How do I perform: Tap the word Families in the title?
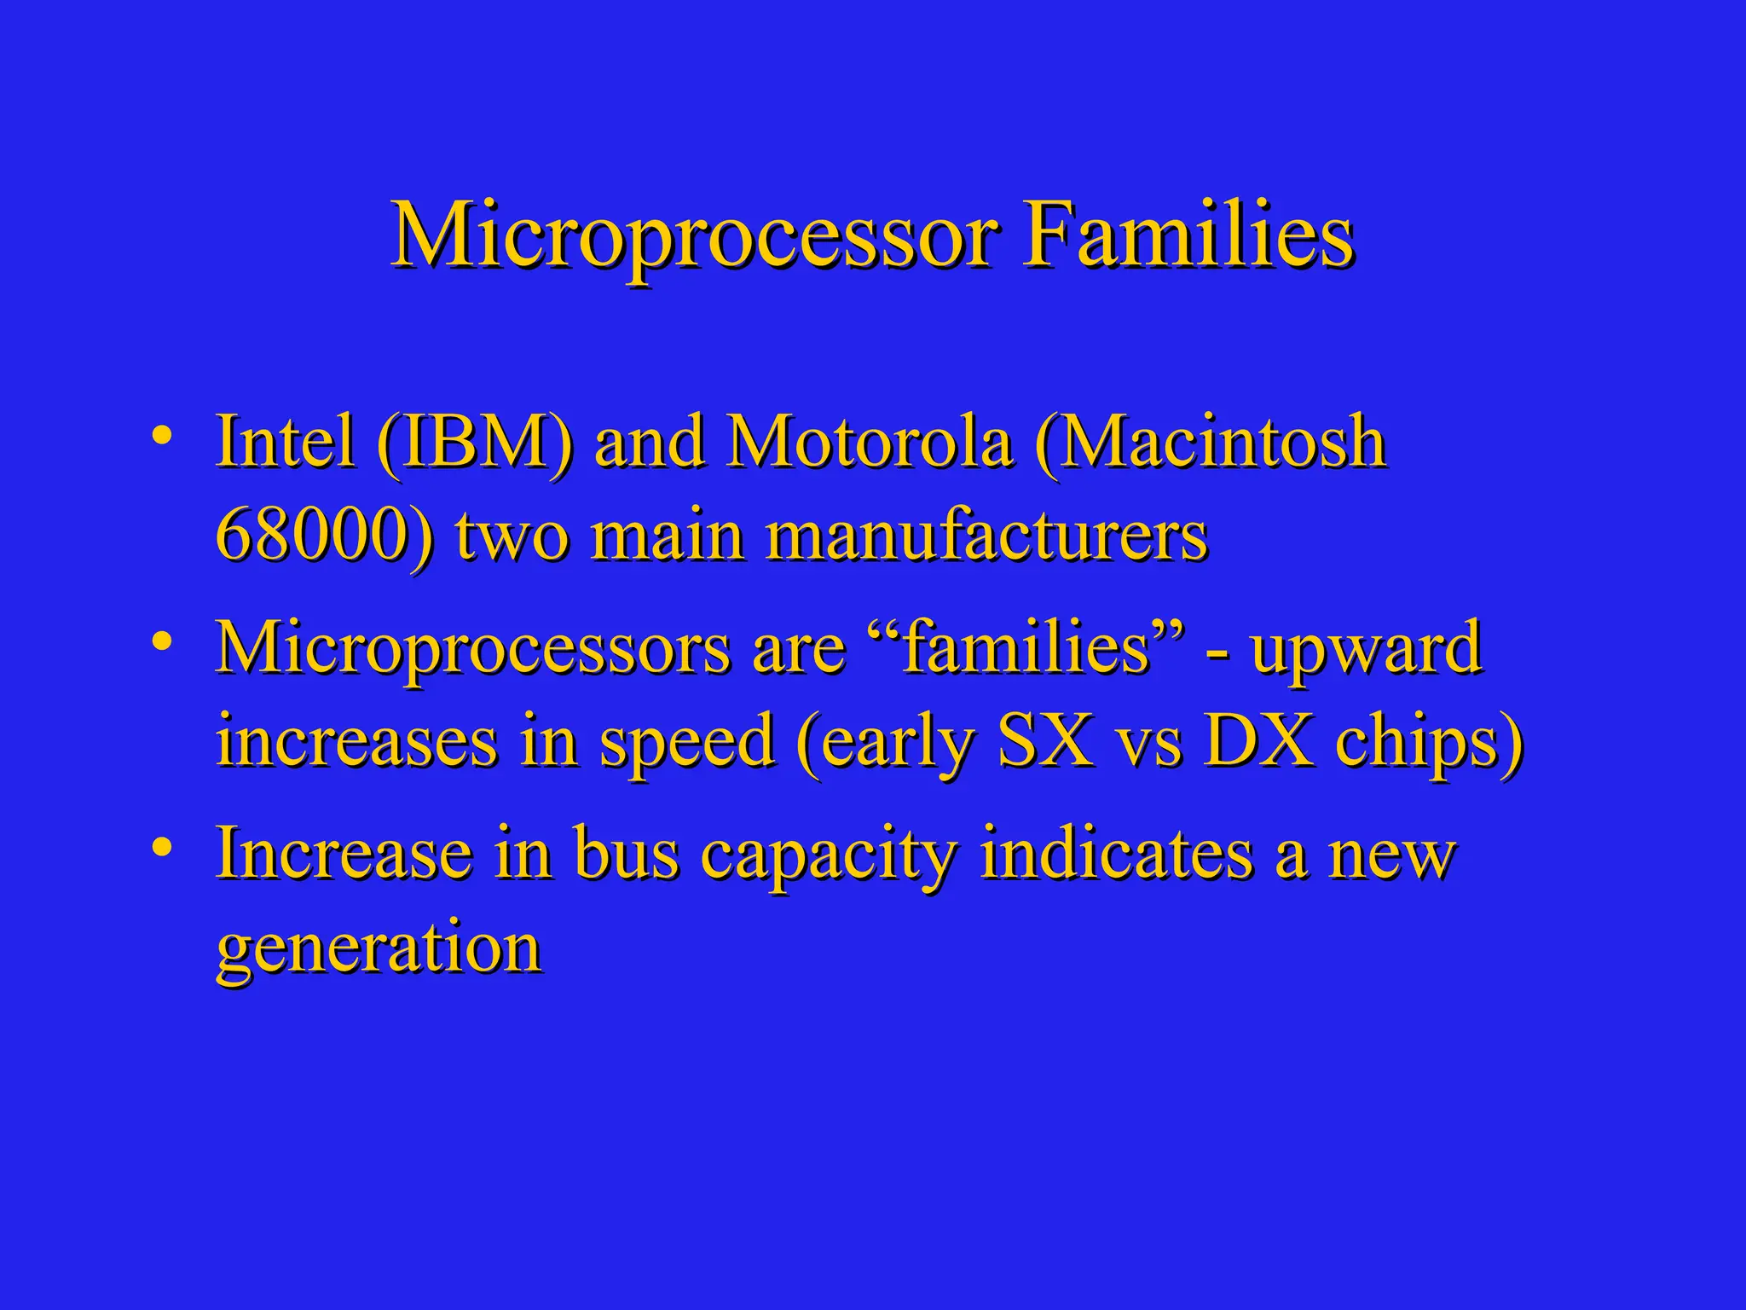click(x=1188, y=235)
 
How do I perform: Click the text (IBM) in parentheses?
click(x=474, y=443)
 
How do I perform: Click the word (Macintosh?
click(x=1211, y=443)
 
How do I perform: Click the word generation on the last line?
click(x=379, y=950)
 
